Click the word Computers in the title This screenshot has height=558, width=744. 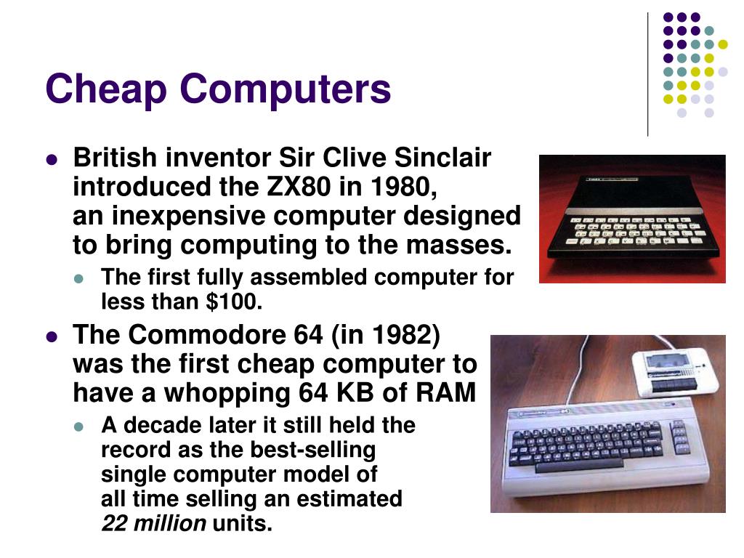286,90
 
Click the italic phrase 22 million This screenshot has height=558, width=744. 154,523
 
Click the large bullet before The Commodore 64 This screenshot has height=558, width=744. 52,336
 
